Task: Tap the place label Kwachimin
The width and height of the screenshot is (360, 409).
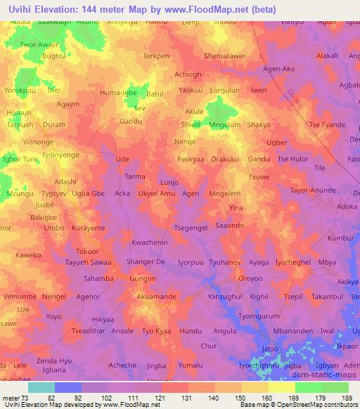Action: pos(150,242)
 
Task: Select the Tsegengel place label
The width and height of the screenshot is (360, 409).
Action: pos(191,228)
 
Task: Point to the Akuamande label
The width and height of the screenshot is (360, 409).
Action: pos(156,297)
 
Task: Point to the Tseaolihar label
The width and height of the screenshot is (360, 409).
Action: pos(88,331)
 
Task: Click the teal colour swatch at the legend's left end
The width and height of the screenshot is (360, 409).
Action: pos(41,387)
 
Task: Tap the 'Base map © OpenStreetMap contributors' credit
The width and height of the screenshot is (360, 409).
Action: pos(298,405)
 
